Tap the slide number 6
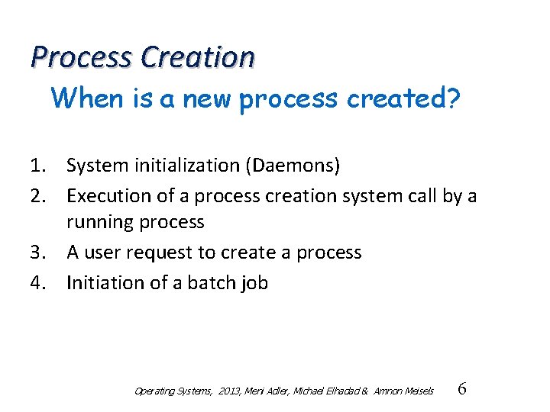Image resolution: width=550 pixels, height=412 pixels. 461,389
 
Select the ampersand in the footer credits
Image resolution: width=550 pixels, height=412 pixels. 365,391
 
